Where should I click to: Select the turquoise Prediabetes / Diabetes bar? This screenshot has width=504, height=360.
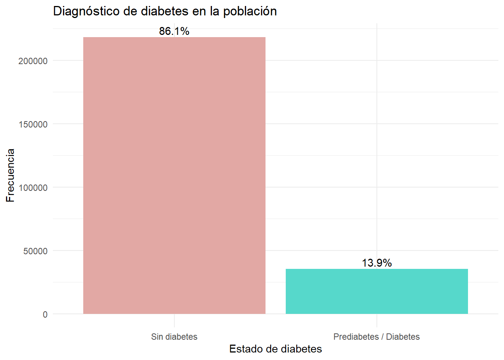point(376,291)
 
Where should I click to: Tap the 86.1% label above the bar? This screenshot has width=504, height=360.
point(174,31)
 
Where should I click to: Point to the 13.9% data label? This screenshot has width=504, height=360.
point(376,263)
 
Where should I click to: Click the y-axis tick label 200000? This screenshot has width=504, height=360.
point(33,61)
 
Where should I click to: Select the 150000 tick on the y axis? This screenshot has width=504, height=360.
point(33,124)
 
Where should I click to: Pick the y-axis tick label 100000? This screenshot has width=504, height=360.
point(33,187)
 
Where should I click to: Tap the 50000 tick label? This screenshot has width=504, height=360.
point(35,251)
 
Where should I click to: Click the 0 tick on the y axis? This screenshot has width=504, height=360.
point(45,314)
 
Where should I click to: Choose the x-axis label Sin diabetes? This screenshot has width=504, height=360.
point(174,337)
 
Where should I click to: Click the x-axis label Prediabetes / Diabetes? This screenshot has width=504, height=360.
point(376,337)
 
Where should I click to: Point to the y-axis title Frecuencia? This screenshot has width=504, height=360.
point(10,175)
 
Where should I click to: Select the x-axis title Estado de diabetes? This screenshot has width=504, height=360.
point(276,349)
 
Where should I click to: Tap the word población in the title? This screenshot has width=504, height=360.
point(250,11)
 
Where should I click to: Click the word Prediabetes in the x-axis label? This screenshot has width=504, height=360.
point(356,337)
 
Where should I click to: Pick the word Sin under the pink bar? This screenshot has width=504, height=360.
point(157,337)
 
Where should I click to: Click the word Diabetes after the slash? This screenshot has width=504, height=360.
point(403,337)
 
